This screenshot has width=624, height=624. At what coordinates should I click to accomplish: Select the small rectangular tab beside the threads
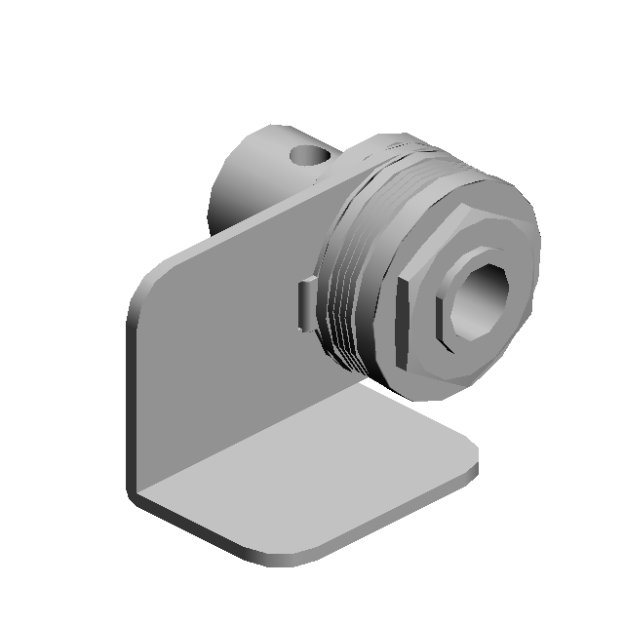tap(306, 303)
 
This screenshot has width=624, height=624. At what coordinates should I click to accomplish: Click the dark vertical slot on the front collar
tap(402, 318)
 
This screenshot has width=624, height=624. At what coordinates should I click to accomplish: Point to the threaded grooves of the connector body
tap(346, 292)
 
